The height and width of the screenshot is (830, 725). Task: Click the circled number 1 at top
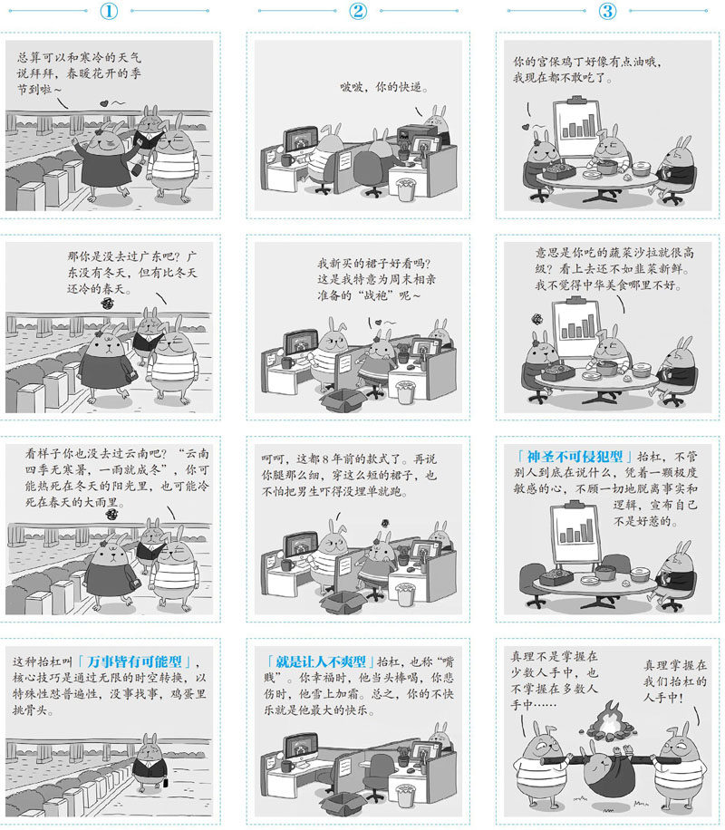coord(109,11)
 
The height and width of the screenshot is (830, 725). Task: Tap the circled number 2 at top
coord(358,11)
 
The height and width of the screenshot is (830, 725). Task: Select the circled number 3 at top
coord(607,11)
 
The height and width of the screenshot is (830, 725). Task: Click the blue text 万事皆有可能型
coord(134,661)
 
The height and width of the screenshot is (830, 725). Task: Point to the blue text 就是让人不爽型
coord(321,661)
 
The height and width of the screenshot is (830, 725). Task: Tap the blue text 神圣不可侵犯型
coord(575,457)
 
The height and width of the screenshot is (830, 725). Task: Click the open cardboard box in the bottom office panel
coord(343,802)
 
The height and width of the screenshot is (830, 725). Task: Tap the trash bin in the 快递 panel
coord(406,189)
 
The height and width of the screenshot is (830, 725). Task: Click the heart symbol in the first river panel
coord(104,103)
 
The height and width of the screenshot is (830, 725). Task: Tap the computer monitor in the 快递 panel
coord(300,140)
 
